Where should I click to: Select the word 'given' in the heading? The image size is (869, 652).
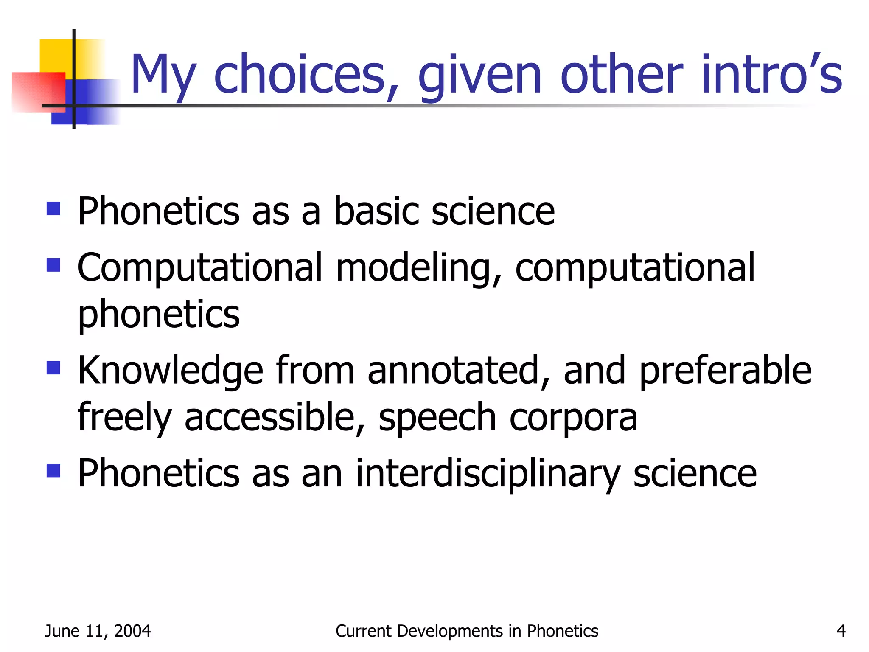tap(480, 76)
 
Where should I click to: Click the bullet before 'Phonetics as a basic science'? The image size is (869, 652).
tap(53, 209)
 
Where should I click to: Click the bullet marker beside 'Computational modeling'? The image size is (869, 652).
tap(53, 265)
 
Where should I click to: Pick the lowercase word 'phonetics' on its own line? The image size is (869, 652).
tap(159, 315)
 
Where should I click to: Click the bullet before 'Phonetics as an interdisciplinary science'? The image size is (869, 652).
tap(53, 470)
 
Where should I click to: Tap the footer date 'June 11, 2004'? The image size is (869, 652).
tap(98, 631)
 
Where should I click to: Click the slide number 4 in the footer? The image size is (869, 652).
tap(841, 631)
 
